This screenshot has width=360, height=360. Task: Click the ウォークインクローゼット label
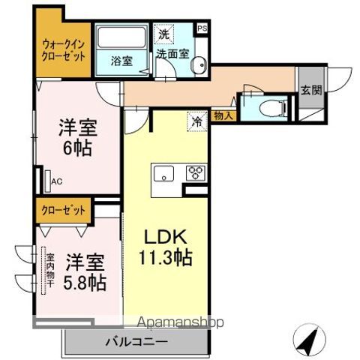[x=63, y=49]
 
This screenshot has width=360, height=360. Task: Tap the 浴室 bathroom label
[x=122, y=61]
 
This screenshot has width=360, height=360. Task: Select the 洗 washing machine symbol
[x=163, y=34]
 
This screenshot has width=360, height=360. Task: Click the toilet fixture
[x=274, y=106]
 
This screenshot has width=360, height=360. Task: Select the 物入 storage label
[x=223, y=115]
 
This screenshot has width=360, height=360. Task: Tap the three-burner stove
[x=195, y=173]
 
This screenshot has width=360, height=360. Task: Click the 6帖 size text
[x=76, y=147]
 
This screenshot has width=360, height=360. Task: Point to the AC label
[x=57, y=180]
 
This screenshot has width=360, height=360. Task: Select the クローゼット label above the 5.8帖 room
[x=63, y=209]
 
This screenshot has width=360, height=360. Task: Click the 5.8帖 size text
[x=84, y=283]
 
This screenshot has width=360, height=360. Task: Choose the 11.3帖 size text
[x=166, y=258]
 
